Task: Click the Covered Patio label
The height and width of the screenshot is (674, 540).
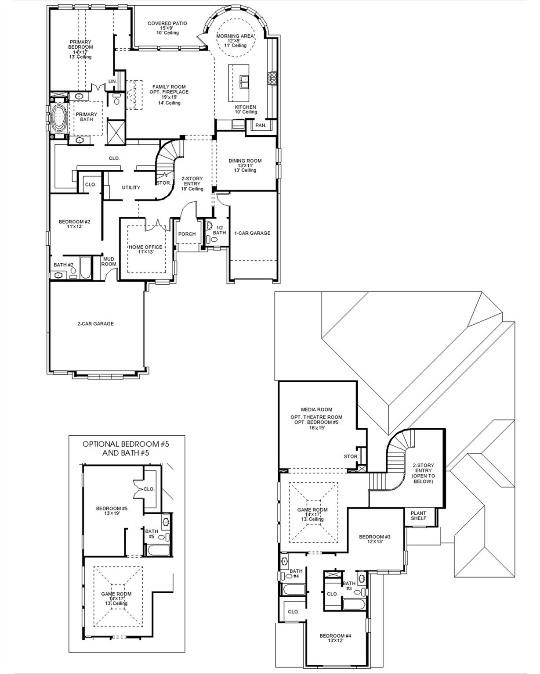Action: pos(167,24)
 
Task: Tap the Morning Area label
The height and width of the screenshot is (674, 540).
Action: pos(239,36)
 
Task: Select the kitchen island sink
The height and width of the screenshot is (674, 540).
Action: pos(244,80)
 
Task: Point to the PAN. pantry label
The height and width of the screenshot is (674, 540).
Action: pos(261,125)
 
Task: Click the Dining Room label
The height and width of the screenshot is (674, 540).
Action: pos(245,161)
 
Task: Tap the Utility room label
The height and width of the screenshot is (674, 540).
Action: pos(131,187)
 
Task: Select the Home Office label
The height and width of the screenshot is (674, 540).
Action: pos(145,247)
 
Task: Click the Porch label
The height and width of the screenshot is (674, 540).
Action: pos(187,234)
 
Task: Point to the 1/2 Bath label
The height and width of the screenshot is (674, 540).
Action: pos(219,230)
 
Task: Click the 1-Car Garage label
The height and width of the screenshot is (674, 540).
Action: pos(252,233)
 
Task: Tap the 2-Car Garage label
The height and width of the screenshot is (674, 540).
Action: pos(95,324)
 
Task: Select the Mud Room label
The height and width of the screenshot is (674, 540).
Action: pos(109,262)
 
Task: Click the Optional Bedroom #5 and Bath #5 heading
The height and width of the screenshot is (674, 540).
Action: pos(126,448)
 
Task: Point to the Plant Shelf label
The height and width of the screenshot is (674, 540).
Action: pos(418,516)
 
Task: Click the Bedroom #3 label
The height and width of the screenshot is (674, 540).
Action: pos(374,537)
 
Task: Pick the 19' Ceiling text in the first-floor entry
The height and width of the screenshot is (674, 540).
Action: pos(192,189)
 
